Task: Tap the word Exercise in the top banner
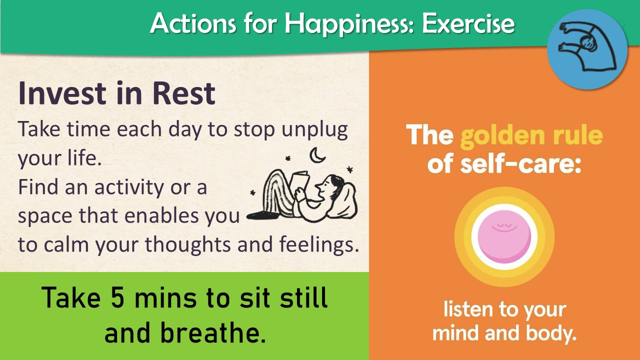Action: point(468,23)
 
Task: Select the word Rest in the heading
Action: point(184,93)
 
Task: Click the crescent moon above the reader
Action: point(317,155)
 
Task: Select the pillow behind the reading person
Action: point(344,201)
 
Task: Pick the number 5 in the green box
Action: point(117,297)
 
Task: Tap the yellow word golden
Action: point(503,136)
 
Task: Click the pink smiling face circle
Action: point(504,237)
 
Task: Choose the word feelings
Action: point(319,245)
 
